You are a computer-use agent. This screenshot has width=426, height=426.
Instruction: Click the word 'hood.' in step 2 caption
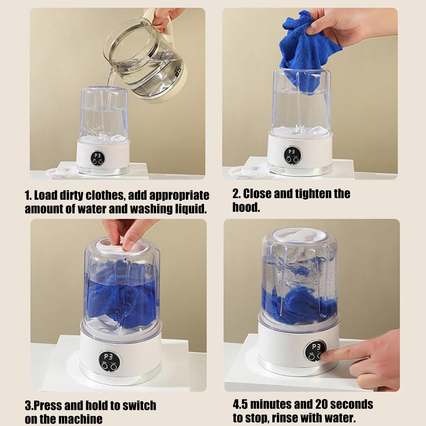click(x=246, y=207)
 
